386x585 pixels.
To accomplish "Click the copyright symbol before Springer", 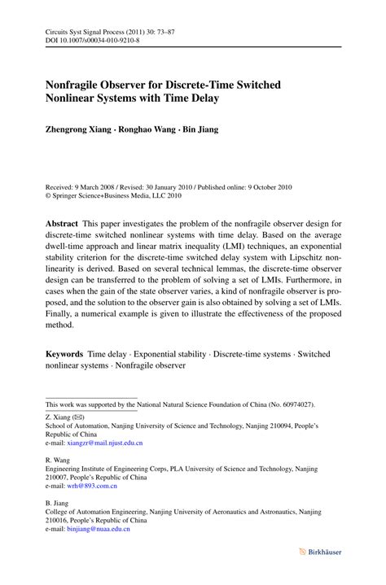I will point(49,195).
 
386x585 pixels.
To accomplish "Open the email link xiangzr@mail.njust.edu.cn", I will point(105,443).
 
